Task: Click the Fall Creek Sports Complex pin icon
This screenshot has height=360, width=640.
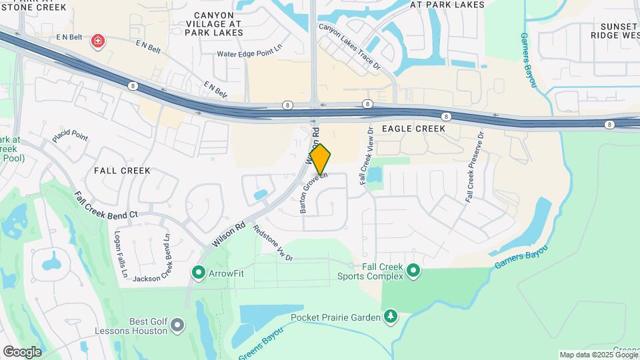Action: [413, 270]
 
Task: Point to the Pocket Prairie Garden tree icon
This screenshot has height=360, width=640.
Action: [391, 317]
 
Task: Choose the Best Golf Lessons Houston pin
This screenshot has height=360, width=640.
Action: [177, 325]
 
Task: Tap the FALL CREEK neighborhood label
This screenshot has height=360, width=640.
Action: [122, 171]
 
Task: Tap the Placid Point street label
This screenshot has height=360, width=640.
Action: [70, 137]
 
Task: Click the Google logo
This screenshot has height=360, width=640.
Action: [22, 351]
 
